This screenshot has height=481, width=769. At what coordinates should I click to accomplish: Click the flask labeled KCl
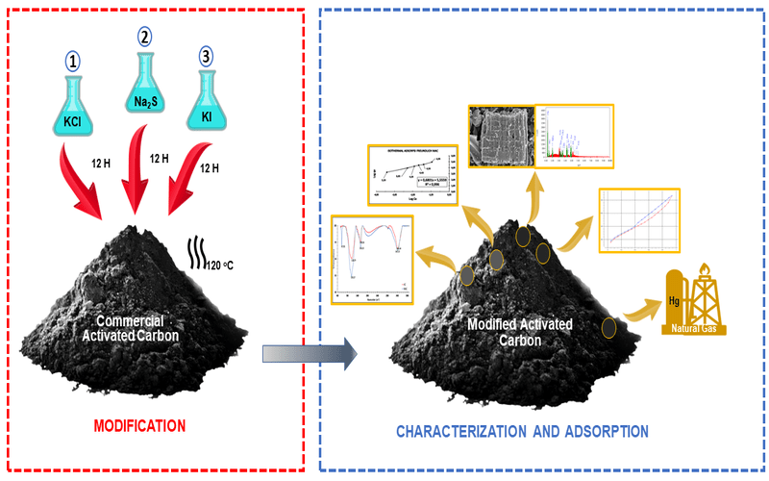[x=74, y=113]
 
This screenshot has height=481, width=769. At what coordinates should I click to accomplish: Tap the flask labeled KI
[x=208, y=108]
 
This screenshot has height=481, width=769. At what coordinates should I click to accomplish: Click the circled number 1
[x=73, y=61]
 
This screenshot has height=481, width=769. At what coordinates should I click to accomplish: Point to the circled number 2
[x=144, y=38]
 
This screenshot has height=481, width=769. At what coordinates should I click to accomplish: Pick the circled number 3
[x=207, y=56]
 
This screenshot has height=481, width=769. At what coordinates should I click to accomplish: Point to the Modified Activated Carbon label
[x=519, y=332]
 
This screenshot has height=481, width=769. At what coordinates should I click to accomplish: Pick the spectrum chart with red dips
[x=372, y=258]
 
